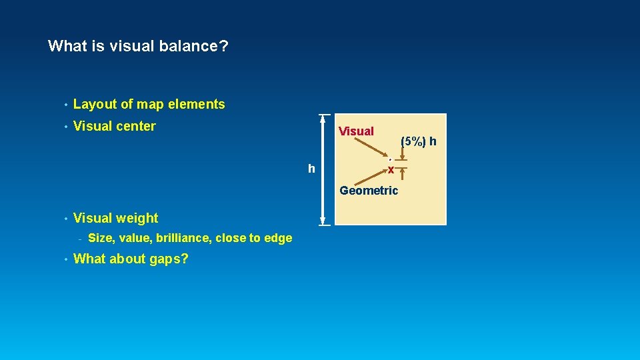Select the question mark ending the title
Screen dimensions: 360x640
click(224, 47)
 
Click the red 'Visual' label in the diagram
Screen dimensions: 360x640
click(356, 131)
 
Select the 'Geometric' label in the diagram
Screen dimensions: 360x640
click(369, 191)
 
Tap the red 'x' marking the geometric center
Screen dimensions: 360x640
click(391, 171)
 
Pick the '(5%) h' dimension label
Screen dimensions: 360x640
click(419, 141)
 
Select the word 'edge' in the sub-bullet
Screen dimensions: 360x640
click(279, 238)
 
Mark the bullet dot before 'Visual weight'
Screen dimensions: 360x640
click(65, 219)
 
